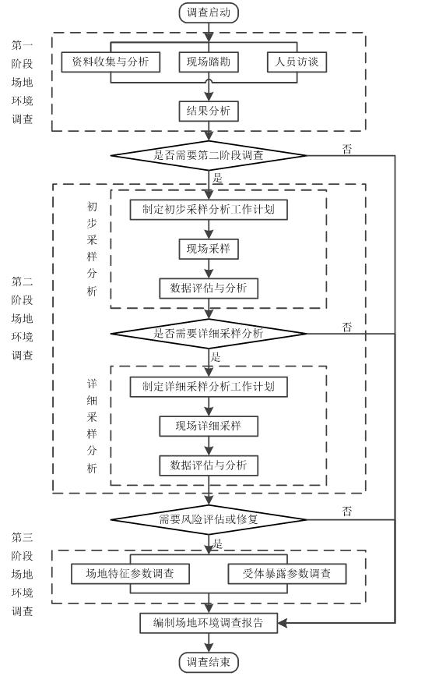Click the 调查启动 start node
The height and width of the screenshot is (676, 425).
(209, 12)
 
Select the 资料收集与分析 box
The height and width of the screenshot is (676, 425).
(111, 62)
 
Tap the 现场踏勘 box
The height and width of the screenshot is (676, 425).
(209, 62)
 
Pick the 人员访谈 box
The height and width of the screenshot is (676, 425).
(297, 62)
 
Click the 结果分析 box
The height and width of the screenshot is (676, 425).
(209, 111)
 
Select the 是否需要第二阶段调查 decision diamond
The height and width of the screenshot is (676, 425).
(209, 155)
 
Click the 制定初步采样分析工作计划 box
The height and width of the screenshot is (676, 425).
(209, 210)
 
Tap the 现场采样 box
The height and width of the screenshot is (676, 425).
(209, 249)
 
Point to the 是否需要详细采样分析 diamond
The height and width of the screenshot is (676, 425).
(209, 333)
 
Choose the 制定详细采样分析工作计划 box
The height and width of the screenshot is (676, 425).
(209, 386)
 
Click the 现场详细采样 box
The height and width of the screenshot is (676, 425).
(209, 426)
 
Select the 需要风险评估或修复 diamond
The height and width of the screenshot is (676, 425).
(209, 519)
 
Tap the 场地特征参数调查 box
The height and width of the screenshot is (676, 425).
(130, 574)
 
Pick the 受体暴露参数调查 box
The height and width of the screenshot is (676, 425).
(286, 574)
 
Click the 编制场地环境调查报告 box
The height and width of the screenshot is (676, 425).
(209, 623)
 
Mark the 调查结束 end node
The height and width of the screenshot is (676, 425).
(209, 662)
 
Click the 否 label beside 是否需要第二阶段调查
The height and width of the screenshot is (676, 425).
(347, 149)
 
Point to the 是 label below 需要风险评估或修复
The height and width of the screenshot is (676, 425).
(217, 543)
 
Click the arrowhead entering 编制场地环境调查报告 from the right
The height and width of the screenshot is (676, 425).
(282, 623)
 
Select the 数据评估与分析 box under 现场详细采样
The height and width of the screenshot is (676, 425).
(209, 465)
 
